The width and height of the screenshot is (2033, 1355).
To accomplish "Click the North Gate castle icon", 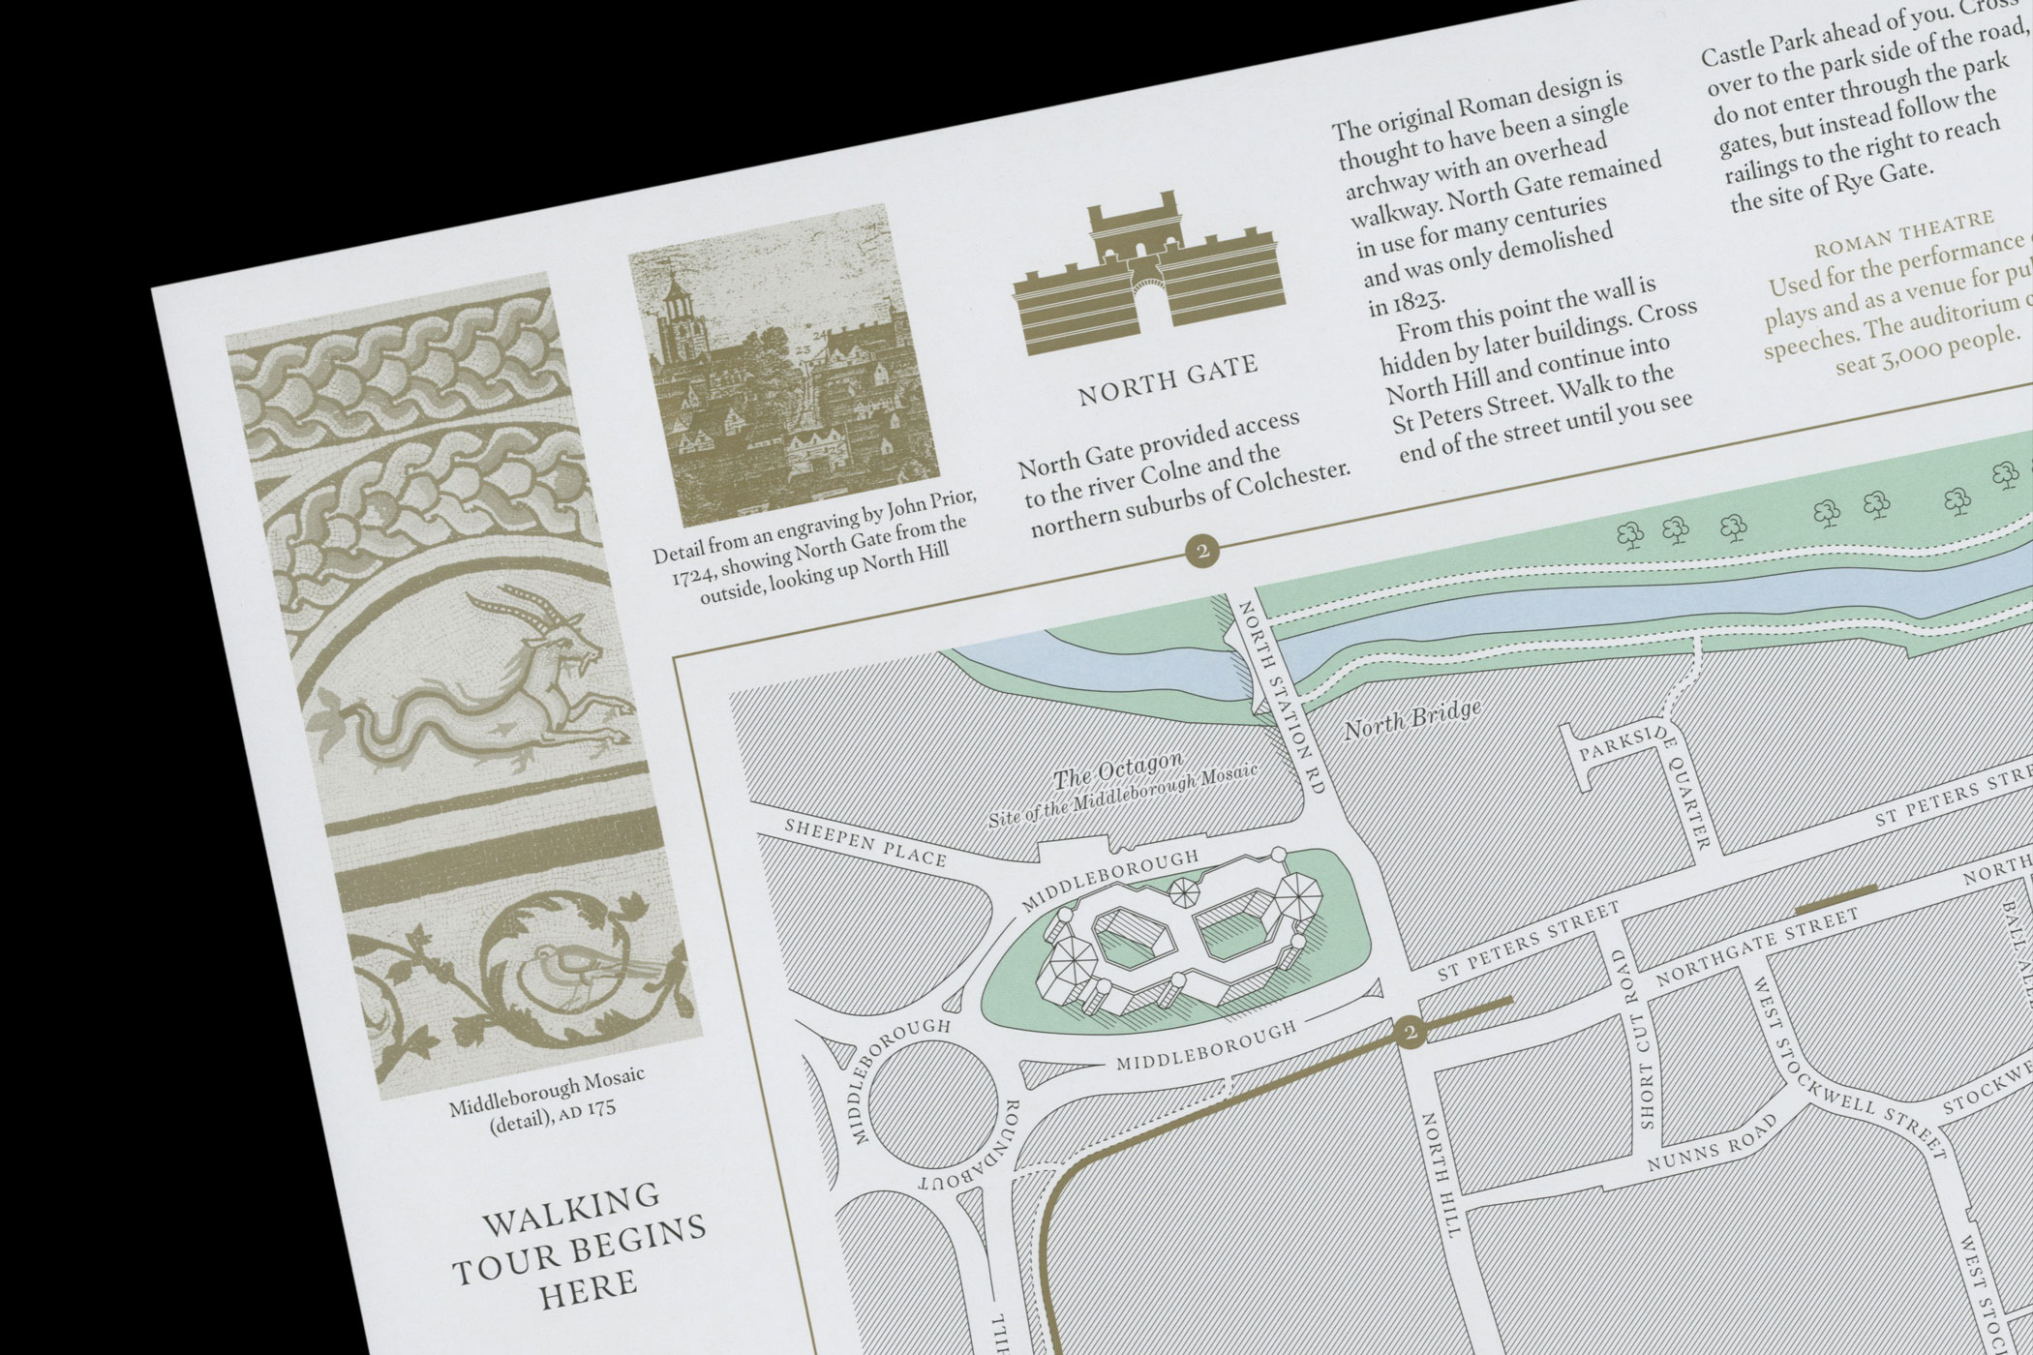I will tap(1146, 275).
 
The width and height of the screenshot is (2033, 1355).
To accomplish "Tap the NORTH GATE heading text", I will tap(1168, 379).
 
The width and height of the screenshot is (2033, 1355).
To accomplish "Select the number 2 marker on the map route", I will tap(1411, 1033).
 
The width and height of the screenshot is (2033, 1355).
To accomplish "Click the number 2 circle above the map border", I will tap(1202, 553).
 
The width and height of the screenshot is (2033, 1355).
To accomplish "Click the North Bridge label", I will tap(1412, 719).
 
